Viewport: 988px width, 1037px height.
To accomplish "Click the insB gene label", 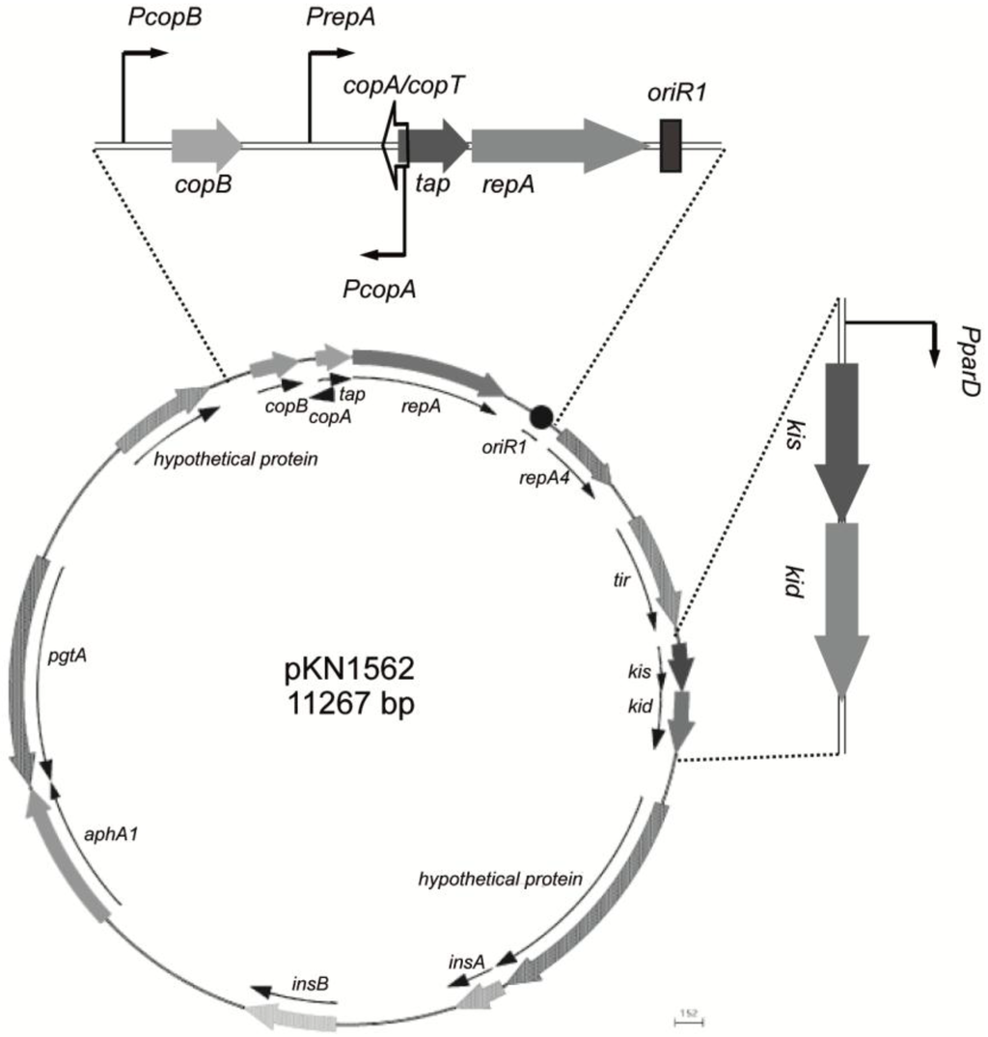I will coord(309,984).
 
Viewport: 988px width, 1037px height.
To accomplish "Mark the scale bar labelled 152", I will coord(688,1016).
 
